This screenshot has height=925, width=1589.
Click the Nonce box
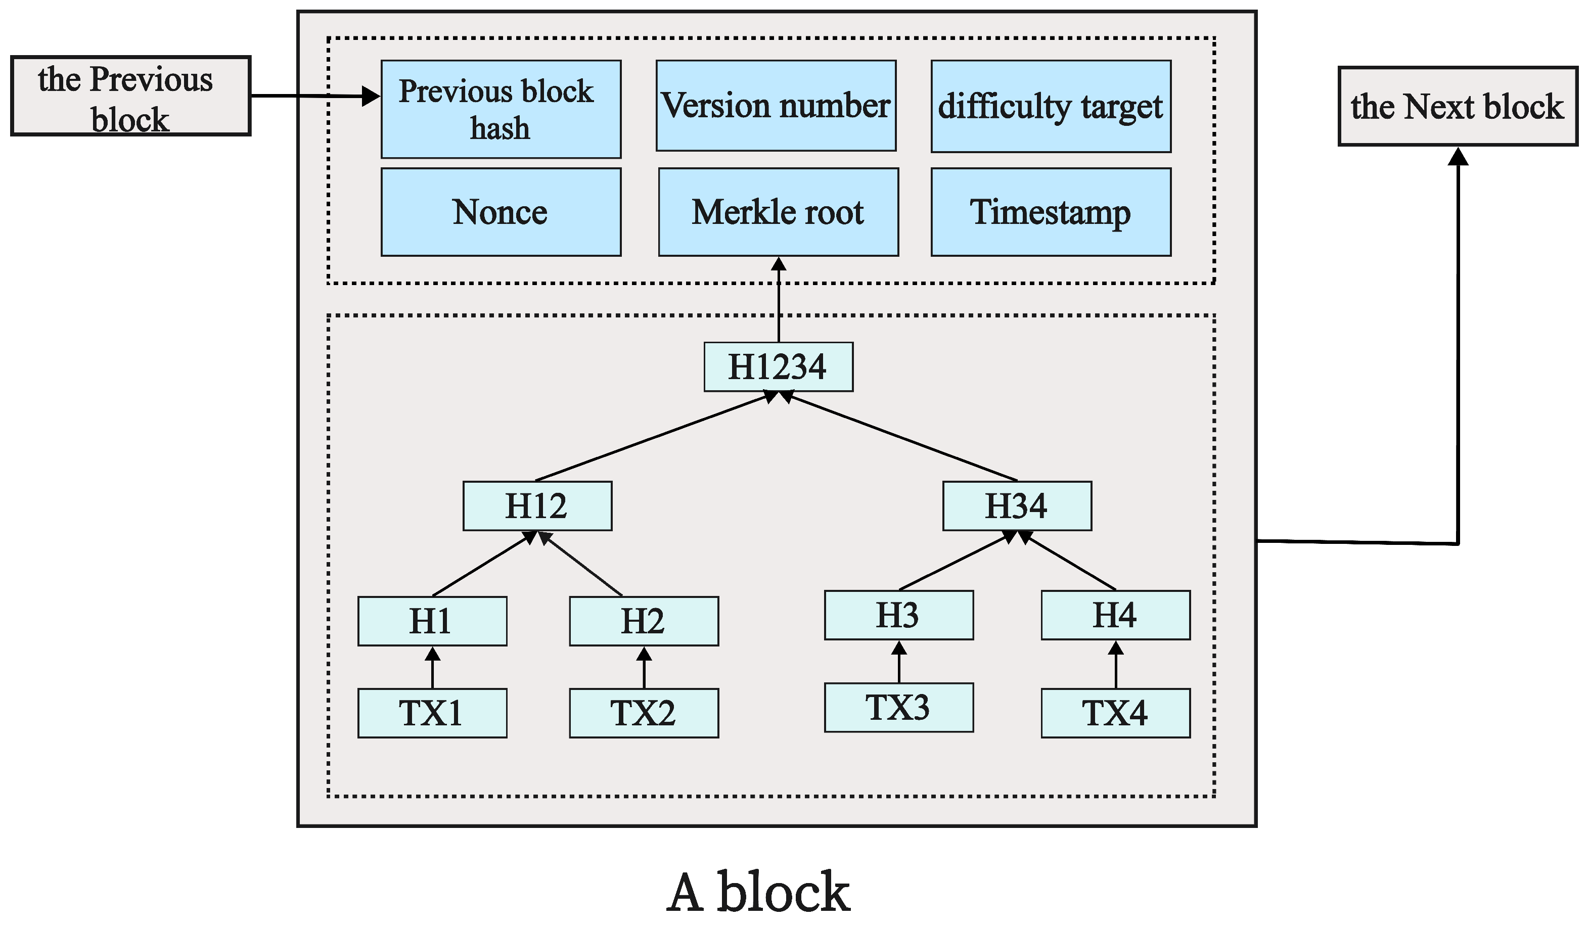(501, 212)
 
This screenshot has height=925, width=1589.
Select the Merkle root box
(778, 212)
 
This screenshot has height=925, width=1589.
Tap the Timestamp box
(1051, 212)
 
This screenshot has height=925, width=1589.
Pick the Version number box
(776, 105)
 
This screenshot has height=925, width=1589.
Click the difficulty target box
(1051, 106)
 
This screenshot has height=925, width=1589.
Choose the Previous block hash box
(501, 109)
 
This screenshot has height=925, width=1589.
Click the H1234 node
(778, 367)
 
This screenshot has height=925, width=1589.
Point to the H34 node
(1017, 505)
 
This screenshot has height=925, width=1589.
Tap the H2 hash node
(644, 621)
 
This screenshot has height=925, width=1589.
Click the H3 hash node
(898, 615)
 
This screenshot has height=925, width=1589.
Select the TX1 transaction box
(432, 713)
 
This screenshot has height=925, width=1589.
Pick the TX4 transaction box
(1115, 713)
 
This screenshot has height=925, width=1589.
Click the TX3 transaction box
(898, 708)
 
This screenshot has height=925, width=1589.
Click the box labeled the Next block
(1457, 106)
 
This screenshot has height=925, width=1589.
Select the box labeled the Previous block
(130, 96)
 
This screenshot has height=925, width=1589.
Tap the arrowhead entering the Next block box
(1457, 156)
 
